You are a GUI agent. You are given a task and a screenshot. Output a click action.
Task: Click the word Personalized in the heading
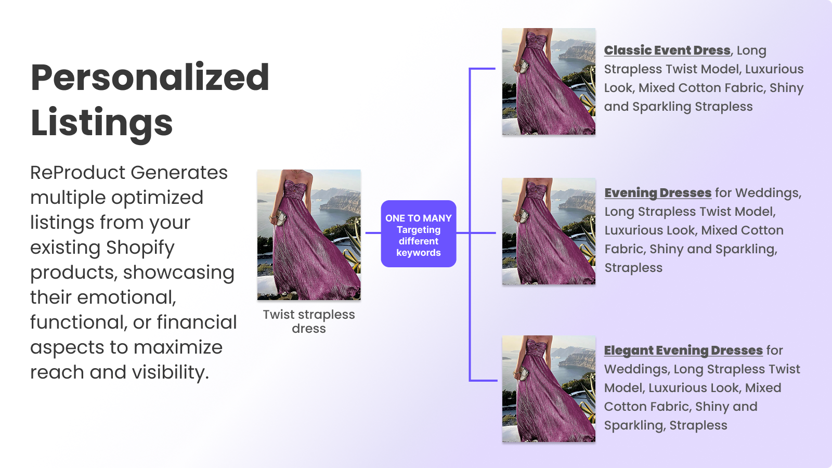150,77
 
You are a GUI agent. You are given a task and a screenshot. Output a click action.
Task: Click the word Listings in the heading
102,123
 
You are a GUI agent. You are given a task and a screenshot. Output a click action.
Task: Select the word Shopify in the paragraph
140,248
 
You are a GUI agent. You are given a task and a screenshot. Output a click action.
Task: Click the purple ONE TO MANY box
419,233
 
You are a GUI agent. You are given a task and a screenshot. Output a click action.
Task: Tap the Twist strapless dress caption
309,321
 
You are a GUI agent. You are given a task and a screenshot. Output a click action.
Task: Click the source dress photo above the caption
309,235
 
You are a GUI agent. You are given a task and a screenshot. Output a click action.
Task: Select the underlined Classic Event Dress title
667,50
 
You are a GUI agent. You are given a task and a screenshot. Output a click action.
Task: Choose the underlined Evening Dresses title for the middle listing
658,193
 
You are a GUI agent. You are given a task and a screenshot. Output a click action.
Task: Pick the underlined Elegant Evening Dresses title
683,350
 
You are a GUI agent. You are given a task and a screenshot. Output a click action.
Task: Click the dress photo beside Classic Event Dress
549,81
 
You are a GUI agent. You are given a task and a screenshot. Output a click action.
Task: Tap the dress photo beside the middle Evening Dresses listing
549,231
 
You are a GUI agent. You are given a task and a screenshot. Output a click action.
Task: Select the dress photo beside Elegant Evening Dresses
549,389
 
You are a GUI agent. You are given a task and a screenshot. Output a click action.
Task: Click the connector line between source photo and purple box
373,233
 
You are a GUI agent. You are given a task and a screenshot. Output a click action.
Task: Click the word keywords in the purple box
419,253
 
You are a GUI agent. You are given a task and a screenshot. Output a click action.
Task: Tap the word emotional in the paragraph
127,297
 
